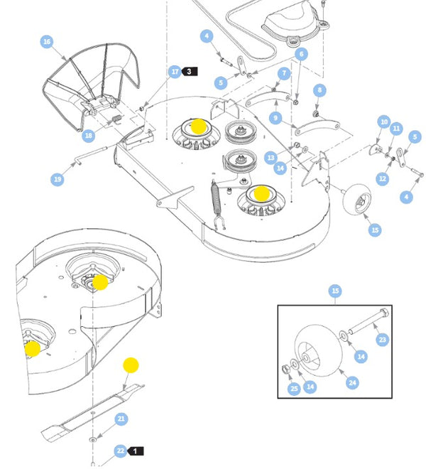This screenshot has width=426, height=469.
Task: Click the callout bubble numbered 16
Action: click(47, 43)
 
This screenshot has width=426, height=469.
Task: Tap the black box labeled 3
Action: click(190, 72)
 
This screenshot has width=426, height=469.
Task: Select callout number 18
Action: click(88, 135)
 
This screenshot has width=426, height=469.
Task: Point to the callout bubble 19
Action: click(58, 179)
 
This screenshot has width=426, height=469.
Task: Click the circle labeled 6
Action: click(300, 55)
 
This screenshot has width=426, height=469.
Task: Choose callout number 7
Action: click(284, 73)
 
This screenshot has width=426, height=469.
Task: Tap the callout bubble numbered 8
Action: click(319, 90)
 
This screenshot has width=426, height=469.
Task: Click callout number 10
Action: click(383, 122)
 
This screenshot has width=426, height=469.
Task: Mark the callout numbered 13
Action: click(271, 156)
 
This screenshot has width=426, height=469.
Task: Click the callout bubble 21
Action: click(121, 419)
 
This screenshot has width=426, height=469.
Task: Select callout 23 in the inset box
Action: click(382, 340)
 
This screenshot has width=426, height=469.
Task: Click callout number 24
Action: click(351, 383)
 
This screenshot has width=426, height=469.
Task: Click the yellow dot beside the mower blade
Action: click(131, 365)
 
